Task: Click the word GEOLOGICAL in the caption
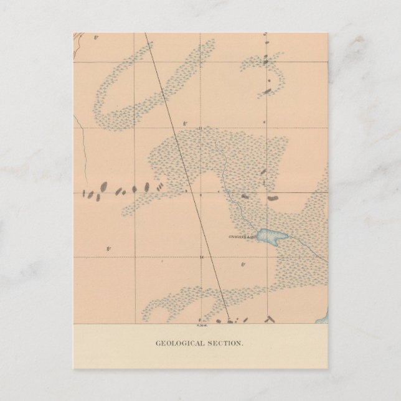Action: coord(177,343)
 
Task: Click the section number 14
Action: coord(201,257)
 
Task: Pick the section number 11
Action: coord(200,128)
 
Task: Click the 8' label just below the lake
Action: coord(242,265)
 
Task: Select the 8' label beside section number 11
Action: coord(184,123)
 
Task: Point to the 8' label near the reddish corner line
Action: coord(97,39)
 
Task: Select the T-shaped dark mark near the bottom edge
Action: coord(269,319)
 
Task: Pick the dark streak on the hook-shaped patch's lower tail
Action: coord(267,91)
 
